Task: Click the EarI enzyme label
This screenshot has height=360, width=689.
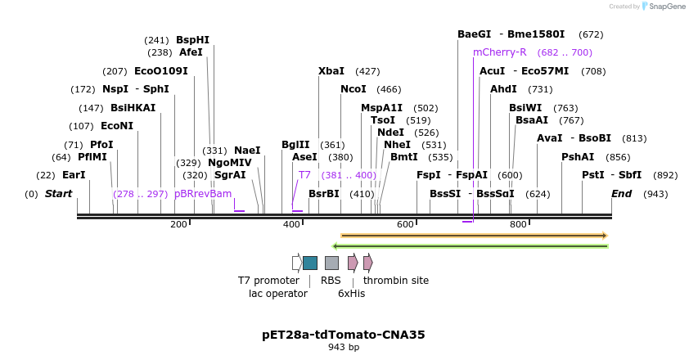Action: point(74,175)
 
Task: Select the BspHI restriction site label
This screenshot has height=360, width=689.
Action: point(192,39)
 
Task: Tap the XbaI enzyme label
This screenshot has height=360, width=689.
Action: point(331,71)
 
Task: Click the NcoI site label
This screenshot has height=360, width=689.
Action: point(354,89)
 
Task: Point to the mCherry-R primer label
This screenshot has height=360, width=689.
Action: point(500,52)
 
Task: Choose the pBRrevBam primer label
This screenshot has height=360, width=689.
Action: point(203,194)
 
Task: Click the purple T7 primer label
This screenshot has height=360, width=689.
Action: point(304,175)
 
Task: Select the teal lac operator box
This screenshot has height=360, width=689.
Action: point(310,263)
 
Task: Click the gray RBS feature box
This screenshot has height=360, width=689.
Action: point(331,263)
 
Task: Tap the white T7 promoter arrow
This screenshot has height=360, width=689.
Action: point(297,263)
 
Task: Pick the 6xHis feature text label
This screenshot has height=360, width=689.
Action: point(352,294)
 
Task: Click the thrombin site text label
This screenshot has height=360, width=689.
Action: point(396,281)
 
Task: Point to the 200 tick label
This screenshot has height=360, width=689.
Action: point(178,225)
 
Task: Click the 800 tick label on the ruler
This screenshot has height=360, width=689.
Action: point(518,225)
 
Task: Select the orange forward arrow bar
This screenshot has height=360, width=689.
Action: point(474,236)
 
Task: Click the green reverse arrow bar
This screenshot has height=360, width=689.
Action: point(471,245)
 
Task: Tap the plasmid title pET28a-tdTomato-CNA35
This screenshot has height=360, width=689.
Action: point(344,335)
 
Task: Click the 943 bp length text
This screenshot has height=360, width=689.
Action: point(344,348)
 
